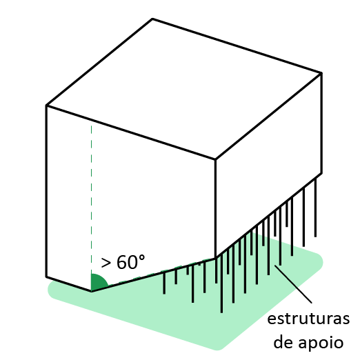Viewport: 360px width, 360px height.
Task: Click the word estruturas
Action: pyautogui.click(x=308, y=319)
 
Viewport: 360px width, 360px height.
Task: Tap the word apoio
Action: pyautogui.click(x=321, y=343)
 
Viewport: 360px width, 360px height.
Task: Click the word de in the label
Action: pyautogui.click(x=283, y=341)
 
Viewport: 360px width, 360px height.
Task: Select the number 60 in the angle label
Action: pyautogui.click(x=127, y=262)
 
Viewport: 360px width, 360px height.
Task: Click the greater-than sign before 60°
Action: pyautogui.click(x=106, y=263)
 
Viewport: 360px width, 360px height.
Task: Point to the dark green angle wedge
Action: pyautogui.click(x=98, y=282)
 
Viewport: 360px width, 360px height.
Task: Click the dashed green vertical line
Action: pyautogui.click(x=91, y=199)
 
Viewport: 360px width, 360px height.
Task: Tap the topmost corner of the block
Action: pyautogui.click(x=152, y=19)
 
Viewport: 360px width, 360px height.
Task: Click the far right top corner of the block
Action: pyautogui.click(x=321, y=73)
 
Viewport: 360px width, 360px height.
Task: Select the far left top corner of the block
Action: pyautogui.click(x=47, y=106)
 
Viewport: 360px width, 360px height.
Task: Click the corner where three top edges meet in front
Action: pyautogui.click(x=215, y=159)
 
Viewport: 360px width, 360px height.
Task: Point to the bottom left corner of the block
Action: pyautogui.click(x=47, y=277)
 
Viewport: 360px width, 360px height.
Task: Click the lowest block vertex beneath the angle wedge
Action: pyautogui.click(x=92, y=292)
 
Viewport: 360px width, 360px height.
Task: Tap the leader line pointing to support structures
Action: pyautogui.click(x=293, y=284)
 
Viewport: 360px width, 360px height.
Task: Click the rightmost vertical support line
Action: pyautogui.click(x=315, y=208)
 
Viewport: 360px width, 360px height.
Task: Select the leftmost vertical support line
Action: pyautogui.click(x=164, y=283)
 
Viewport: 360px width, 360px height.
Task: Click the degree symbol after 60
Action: pyautogui.click(x=141, y=258)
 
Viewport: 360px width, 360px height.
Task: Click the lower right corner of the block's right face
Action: pyautogui.click(x=321, y=173)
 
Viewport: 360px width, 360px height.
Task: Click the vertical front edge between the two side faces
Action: pyautogui.click(x=215, y=209)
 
